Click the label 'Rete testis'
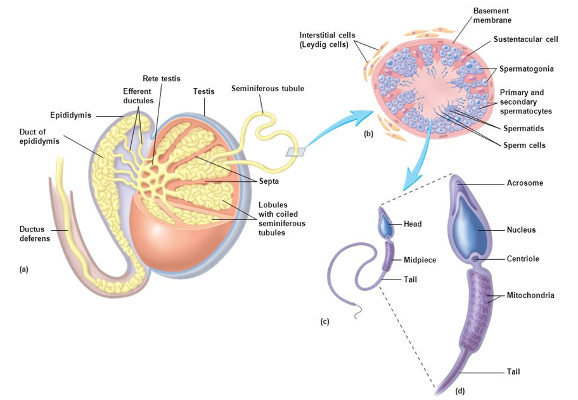point(162,79)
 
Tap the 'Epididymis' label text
point(71,115)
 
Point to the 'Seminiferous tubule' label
point(267,89)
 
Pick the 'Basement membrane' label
point(491,16)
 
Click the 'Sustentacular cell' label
point(525,39)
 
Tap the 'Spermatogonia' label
point(527,68)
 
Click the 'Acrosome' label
point(525,183)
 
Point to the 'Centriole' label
point(523,259)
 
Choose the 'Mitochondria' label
point(530,295)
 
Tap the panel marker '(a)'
point(24,269)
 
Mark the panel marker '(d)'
point(460,390)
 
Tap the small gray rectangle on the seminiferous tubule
point(295,151)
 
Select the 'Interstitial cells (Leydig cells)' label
point(327,39)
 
